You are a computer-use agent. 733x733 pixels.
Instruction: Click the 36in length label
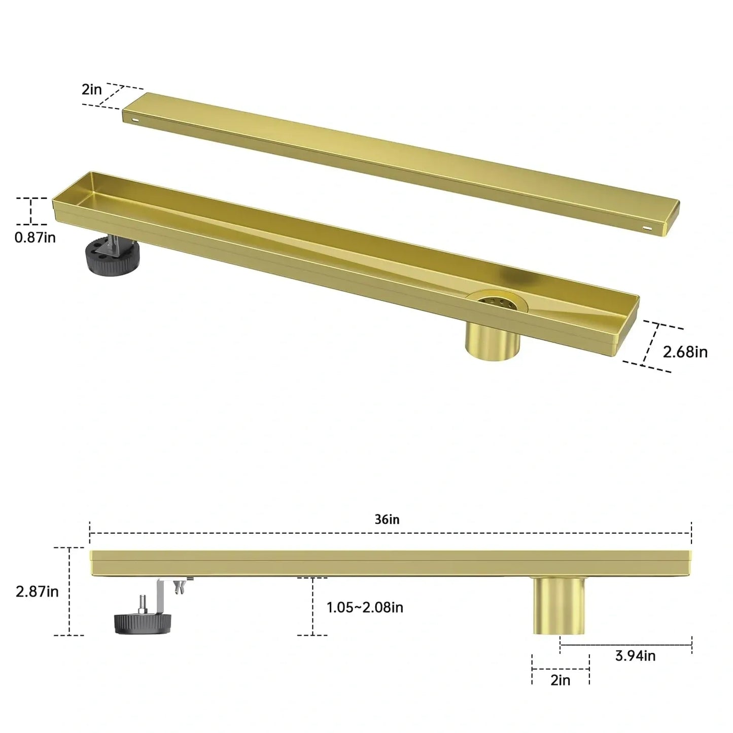point(387,519)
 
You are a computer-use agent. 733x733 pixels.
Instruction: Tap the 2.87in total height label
point(37,591)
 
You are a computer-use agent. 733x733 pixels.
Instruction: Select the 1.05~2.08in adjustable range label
point(365,607)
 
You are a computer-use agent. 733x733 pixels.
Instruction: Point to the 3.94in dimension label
point(635,656)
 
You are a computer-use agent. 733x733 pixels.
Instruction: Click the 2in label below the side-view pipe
point(561,680)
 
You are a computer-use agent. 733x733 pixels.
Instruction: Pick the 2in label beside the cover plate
point(92,90)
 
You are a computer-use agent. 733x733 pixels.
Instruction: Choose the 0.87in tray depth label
point(35,237)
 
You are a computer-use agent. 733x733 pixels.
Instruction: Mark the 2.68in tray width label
point(685,352)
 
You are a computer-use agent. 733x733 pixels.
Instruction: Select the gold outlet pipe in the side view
point(559,606)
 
